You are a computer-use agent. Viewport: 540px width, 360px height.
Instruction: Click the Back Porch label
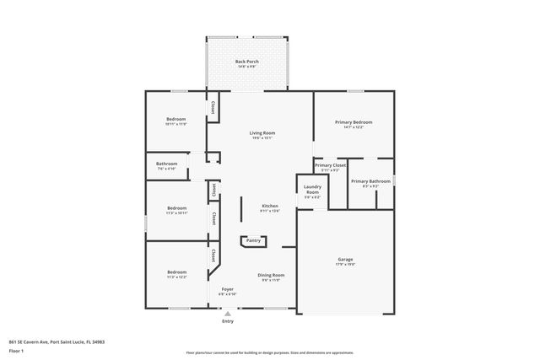click(x=247, y=62)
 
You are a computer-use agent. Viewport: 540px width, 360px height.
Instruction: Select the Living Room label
click(x=261, y=133)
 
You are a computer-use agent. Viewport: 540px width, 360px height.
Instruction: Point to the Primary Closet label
click(x=331, y=165)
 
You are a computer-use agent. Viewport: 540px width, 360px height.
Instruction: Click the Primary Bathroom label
click(x=370, y=181)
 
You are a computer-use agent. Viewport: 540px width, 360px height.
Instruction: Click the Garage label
click(x=345, y=260)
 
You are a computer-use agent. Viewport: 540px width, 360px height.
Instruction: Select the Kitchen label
click(x=270, y=206)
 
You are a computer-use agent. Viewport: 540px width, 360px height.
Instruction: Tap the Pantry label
click(x=253, y=241)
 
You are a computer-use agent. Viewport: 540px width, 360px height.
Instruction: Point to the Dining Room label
click(x=271, y=275)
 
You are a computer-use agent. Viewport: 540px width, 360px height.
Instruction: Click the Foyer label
click(x=228, y=289)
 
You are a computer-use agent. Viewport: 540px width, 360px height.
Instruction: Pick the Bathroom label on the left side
click(x=166, y=164)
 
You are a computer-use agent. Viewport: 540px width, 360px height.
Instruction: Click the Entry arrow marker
click(x=227, y=313)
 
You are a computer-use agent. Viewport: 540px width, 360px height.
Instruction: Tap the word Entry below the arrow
click(x=228, y=321)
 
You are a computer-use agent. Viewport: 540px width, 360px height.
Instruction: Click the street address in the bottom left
click(x=57, y=342)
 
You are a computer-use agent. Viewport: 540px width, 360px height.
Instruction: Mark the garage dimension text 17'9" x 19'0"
click(x=345, y=265)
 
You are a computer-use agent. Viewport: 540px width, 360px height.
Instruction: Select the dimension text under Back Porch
click(x=247, y=67)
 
